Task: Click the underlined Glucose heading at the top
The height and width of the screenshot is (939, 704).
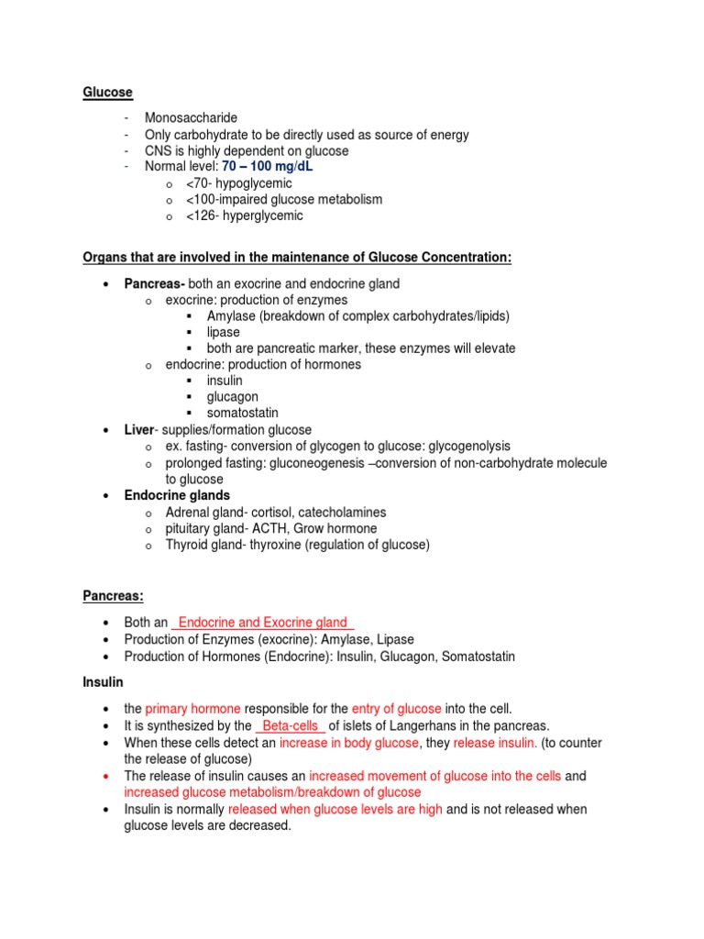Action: coord(108,93)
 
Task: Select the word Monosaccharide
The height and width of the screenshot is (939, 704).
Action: coord(191,118)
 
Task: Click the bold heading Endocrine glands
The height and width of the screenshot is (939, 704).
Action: coord(177,496)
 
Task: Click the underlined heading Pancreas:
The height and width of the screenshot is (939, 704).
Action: coord(114,596)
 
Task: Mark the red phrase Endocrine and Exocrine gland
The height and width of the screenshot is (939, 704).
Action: coord(263,624)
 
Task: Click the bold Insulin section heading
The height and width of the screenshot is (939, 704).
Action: coord(104,683)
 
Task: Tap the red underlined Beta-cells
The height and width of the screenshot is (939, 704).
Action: coord(290,726)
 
